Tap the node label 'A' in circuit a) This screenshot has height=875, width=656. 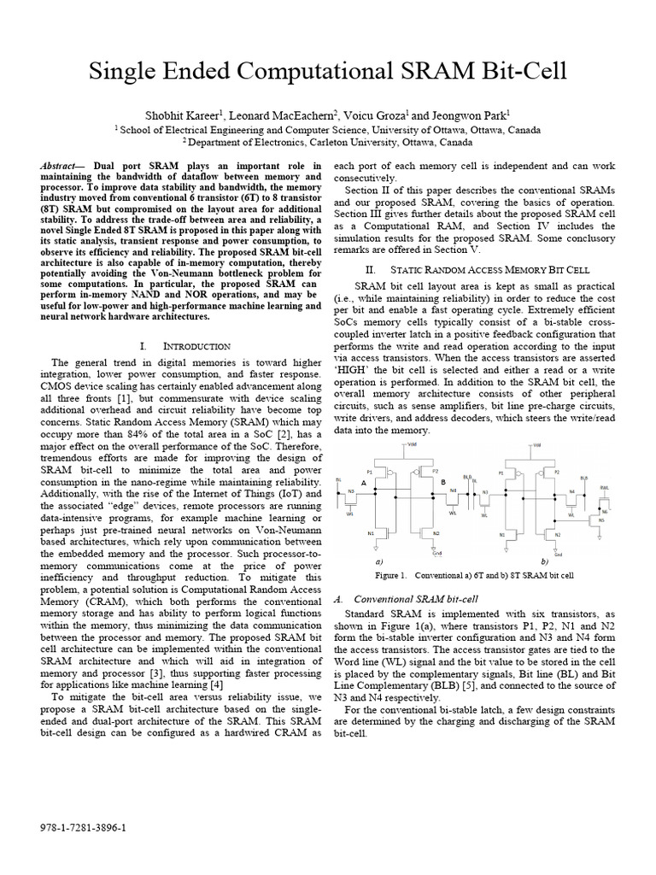click(364, 483)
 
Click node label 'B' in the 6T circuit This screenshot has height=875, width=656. click(443, 483)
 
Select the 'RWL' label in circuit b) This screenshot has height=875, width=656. click(603, 487)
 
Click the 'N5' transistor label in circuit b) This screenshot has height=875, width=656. click(600, 519)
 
